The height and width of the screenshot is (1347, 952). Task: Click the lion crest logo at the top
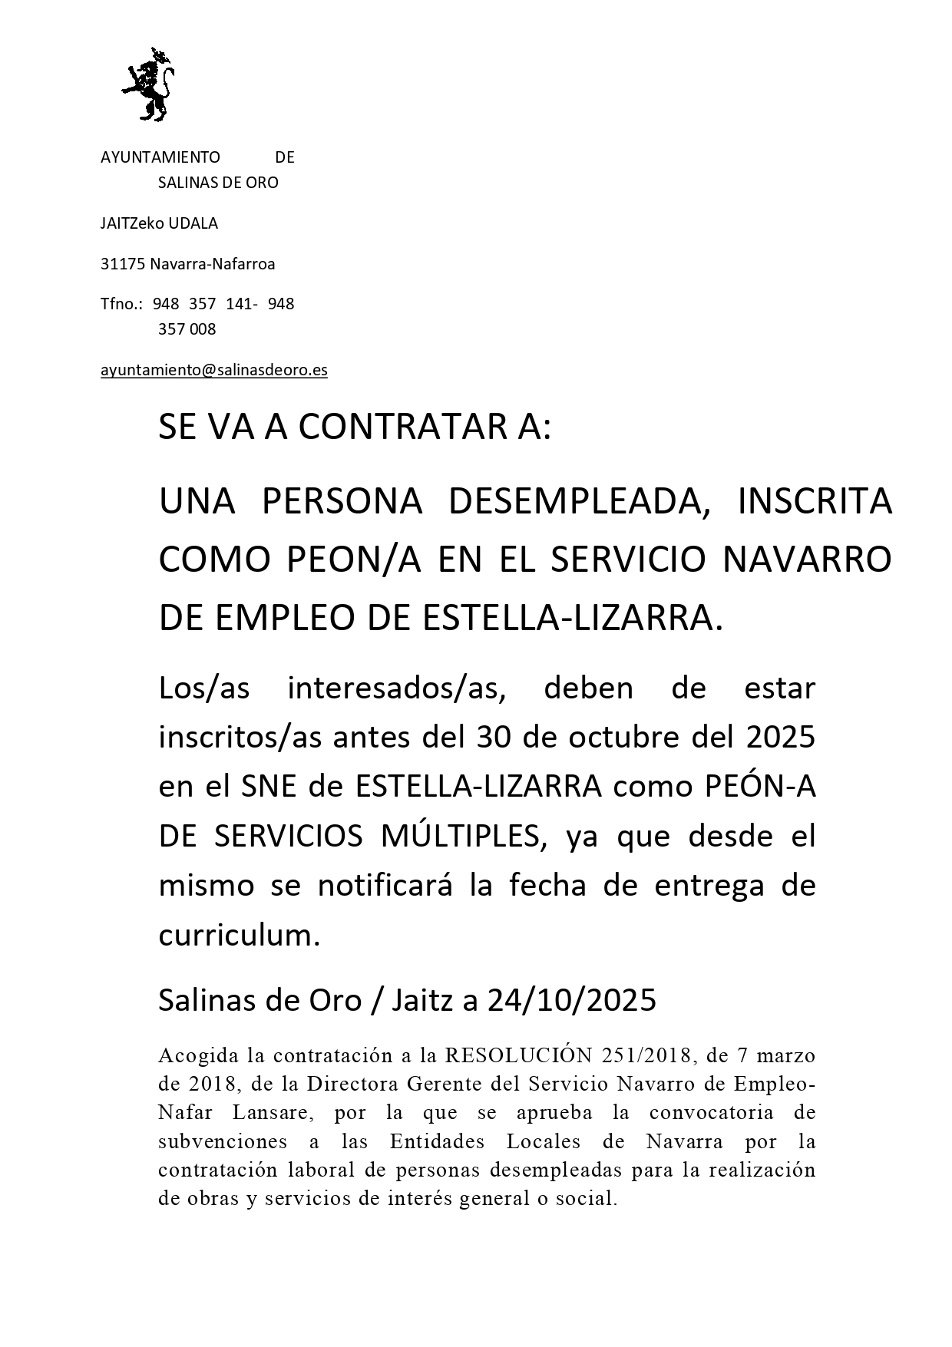148,84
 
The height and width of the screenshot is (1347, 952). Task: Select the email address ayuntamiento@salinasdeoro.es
214,370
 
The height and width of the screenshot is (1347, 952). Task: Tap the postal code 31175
123,264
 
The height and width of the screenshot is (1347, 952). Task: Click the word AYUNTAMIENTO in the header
160,157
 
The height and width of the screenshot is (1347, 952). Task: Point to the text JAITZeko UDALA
159,223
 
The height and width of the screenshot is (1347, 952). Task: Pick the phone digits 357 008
187,329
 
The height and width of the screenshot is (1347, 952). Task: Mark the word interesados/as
396,688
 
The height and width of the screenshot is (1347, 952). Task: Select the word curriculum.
238,935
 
